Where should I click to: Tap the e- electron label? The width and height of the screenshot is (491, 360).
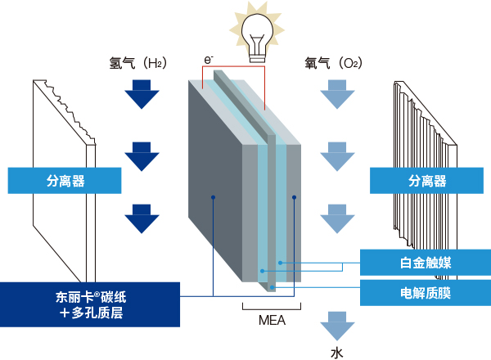(x=209, y=60)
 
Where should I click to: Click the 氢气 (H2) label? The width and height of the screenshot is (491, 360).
(x=137, y=63)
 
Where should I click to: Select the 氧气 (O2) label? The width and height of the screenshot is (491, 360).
(x=334, y=63)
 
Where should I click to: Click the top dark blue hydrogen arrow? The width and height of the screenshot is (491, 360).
(x=142, y=94)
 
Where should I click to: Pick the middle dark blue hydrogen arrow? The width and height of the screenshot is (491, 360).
(x=142, y=156)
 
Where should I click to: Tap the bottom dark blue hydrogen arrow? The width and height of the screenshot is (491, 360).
(x=142, y=218)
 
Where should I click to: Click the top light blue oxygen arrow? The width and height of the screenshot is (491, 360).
(x=337, y=94)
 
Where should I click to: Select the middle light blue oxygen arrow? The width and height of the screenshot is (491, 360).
(x=337, y=156)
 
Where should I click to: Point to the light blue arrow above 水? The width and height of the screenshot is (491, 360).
(x=337, y=326)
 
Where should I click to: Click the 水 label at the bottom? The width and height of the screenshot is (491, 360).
(x=337, y=353)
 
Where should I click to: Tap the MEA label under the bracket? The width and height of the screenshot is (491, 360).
(x=272, y=320)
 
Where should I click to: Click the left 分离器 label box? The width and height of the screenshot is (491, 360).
(x=65, y=181)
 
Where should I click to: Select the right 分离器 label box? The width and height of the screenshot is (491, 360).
(x=426, y=181)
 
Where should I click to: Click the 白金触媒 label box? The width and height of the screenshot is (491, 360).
(x=426, y=263)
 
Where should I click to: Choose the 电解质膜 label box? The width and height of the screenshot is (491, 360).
(x=426, y=293)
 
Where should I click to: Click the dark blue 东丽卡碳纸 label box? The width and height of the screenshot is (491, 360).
(x=90, y=304)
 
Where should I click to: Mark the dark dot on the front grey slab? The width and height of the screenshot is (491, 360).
(x=214, y=197)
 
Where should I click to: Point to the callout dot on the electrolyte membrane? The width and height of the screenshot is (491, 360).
(x=273, y=287)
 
